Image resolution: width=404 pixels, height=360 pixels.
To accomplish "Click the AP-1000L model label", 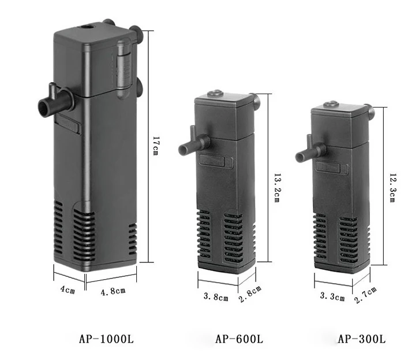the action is tap(106, 339).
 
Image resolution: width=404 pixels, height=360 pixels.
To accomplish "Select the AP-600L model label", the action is tap(239, 339).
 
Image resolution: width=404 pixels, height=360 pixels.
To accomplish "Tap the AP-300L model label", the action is tap(362, 339).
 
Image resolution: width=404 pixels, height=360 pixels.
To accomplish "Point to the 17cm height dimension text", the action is tap(155, 146).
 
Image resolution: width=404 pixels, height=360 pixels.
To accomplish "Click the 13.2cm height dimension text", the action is tap(276, 188).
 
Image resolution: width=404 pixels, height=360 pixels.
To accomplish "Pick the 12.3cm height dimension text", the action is tap(392, 188).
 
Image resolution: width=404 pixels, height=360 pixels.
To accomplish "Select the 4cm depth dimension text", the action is tap(68, 290).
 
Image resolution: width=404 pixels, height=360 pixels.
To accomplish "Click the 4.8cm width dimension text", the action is tap(113, 292).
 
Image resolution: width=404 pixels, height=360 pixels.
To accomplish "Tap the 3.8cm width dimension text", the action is tap(216, 297).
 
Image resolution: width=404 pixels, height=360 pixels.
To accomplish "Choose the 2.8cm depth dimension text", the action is tap(250, 294).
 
